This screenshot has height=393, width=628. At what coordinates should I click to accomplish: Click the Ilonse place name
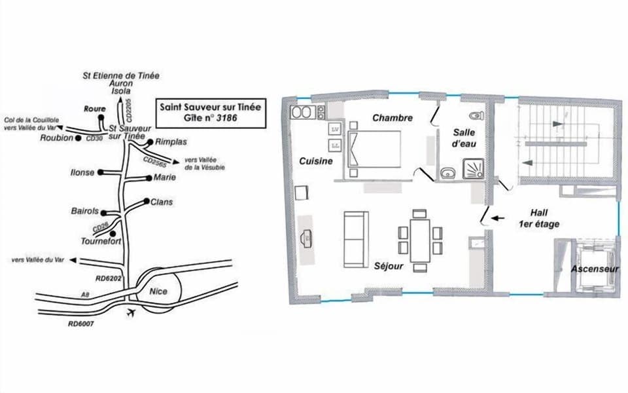click(83, 173)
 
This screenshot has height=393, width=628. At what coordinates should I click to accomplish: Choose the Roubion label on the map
click(58, 138)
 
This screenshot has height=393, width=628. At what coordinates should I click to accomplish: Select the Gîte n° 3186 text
click(203, 119)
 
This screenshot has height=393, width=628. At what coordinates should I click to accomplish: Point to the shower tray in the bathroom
click(474, 170)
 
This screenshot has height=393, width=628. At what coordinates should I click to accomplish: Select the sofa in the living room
click(355, 239)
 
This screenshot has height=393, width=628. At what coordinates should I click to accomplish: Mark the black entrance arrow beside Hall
click(498, 219)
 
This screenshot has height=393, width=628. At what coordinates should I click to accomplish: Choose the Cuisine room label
click(317, 161)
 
